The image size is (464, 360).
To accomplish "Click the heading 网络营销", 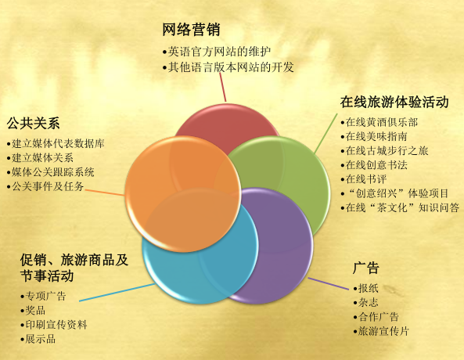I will click(x=191, y=30).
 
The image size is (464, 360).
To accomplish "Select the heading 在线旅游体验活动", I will click(x=394, y=102).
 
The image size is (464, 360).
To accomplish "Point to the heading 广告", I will click(x=366, y=268).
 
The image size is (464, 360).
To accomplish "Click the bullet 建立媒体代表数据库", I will click(x=58, y=143).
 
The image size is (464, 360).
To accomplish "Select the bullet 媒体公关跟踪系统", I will click(x=52, y=171).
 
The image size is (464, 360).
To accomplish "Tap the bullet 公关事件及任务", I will click(x=48, y=185).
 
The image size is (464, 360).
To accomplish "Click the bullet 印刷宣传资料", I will click(x=56, y=324).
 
